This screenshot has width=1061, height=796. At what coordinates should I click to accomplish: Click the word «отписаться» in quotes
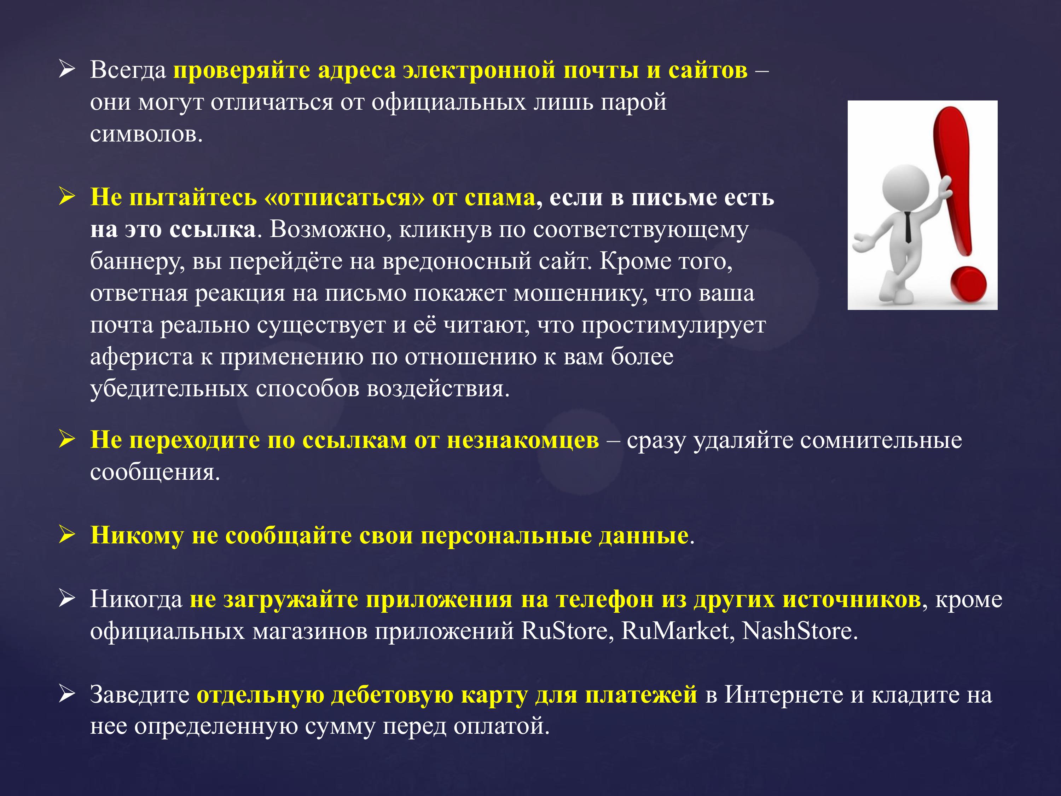(x=344, y=197)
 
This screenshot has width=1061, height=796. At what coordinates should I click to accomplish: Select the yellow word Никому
(x=137, y=536)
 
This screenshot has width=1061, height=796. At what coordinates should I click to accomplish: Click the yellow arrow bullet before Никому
(x=67, y=535)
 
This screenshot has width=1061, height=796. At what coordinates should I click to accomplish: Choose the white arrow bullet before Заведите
(x=67, y=694)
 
